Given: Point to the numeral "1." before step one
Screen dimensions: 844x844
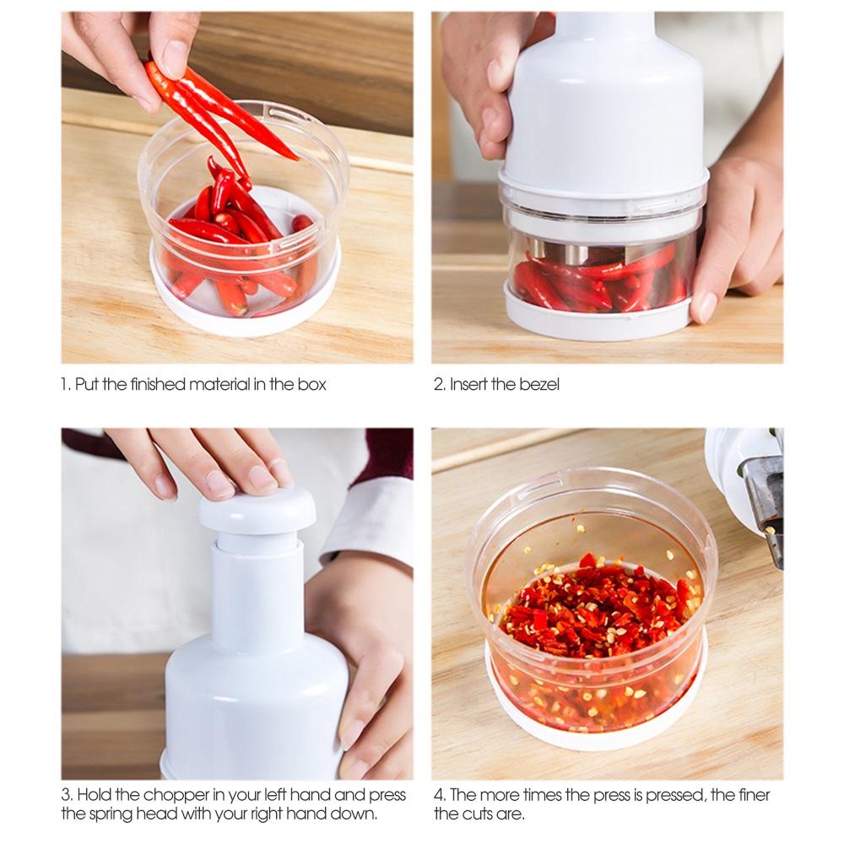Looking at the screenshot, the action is pyautogui.click(x=66, y=384).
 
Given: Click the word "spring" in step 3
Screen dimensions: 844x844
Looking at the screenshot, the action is pyautogui.click(x=112, y=814).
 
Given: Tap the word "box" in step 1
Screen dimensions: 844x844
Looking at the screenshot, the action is pyautogui.click(x=311, y=384).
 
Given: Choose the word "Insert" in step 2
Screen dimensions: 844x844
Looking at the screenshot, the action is pyautogui.click(x=468, y=384).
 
